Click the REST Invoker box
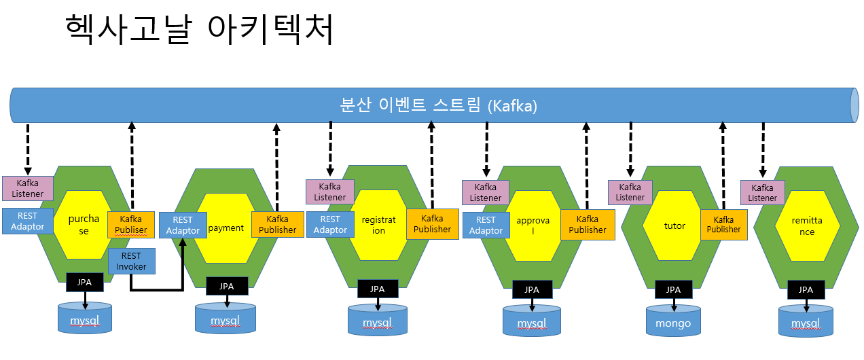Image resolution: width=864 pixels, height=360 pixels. [132, 262]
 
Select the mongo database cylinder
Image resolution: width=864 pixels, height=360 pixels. [673, 320]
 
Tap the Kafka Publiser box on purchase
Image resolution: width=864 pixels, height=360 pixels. [131, 225]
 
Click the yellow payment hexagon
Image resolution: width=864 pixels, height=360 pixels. [226, 228]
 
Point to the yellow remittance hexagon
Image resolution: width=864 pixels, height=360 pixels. [807, 226]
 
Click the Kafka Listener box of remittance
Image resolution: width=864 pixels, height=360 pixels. [763, 192]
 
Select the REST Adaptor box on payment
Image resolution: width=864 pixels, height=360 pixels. [183, 226]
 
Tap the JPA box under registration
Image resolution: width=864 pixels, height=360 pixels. [378, 289]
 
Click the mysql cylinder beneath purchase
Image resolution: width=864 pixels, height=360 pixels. [85, 318]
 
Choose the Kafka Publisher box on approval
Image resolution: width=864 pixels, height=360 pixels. [588, 225]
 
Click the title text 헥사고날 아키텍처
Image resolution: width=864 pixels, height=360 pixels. [199, 29]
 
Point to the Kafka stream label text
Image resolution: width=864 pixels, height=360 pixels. [439, 105]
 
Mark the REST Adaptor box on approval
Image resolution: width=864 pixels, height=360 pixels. [486, 226]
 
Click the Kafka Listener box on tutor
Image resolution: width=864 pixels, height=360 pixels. [630, 192]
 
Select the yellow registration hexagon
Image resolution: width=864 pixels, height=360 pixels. [378, 225]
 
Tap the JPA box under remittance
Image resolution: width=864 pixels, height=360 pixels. [806, 290]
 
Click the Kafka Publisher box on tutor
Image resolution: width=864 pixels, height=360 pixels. [724, 225]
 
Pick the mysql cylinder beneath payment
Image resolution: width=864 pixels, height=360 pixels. [226, 319]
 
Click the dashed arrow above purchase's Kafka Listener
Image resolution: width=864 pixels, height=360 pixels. [28, 149]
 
